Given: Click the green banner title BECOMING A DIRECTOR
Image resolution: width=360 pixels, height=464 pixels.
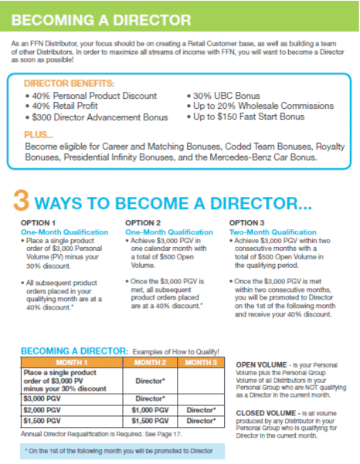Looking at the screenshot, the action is tap(101, 20).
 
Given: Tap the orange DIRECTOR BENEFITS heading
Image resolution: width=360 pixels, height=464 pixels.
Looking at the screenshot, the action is tap(69, 83).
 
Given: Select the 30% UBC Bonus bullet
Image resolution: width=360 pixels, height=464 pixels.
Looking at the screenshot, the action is tap(224, 96).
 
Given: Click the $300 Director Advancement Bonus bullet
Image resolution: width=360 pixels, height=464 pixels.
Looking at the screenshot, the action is tap(97, 117).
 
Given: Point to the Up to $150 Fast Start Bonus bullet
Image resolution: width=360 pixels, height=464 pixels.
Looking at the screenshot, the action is tap(246, 117).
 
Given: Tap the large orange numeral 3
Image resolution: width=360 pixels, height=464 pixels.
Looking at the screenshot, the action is tap(22, 200).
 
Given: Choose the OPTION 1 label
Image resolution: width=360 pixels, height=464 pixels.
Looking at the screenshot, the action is tap(38, 223).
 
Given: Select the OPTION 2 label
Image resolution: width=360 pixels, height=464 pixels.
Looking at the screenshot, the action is tap(143, 223).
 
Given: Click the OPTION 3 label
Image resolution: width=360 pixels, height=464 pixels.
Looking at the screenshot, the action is tap(246, 223).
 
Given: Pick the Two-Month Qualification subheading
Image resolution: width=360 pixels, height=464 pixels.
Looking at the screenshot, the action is tap(273, 232).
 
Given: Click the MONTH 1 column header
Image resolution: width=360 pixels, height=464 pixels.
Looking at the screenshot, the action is tap(72, 363).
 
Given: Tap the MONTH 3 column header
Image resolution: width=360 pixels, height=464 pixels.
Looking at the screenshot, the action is tap(201, 363).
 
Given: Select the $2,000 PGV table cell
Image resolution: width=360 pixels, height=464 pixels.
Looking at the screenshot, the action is tap(42, 410).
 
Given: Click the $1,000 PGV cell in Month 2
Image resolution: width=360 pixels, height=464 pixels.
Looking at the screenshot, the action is tap(150, 410).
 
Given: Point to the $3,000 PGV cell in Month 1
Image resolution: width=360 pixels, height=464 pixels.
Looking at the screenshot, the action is tap(42, 399).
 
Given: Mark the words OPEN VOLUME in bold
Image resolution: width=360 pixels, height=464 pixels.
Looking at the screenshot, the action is tap(261, 365).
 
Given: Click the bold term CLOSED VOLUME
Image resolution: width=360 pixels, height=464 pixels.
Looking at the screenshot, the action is tap(266, 413).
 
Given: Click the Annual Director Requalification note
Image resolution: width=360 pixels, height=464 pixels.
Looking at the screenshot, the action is tap(101, 434).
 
